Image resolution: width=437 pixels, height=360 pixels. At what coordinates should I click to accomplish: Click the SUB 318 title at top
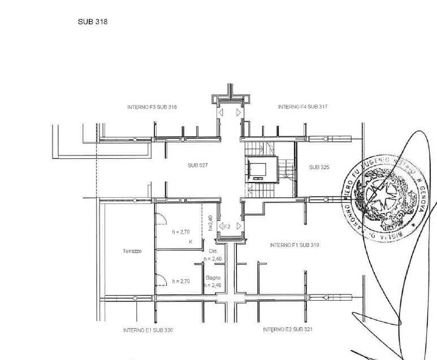pyautogui.click(x=93, y=22)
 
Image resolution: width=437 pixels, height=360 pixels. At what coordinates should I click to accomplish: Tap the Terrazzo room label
pyautogui.click(x=131, y=251)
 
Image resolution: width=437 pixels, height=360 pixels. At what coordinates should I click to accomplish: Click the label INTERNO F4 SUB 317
pyautogui.click(x=303, y=106)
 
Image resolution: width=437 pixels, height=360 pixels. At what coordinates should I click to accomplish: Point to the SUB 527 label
pyautogui.click(x=198, y=166)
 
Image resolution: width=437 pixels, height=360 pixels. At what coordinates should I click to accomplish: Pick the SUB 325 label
pyautogui.click(x=319, y=167)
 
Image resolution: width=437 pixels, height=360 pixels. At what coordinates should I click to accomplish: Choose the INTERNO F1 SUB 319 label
pyautogui.click(x=295, y=245)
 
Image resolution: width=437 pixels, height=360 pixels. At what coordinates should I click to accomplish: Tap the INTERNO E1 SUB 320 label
pyautogui.click(x=148, y=330)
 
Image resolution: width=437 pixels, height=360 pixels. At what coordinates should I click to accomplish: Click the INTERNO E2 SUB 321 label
pyautogui.click(x=288, y=329)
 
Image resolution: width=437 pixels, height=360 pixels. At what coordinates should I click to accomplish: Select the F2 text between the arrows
pyautogui.click(x=227, y=227)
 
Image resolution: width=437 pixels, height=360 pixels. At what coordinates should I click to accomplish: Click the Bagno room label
pyautogui.click(x=213, y=278)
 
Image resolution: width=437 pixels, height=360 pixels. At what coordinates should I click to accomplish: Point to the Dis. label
pyautogui.click(x=213, y=251)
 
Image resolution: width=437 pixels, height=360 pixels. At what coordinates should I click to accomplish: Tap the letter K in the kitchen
pyautogui.click(x=191, y=242)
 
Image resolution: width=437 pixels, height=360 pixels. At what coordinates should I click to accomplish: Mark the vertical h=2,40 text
pyautogui.click(x=210, y=223)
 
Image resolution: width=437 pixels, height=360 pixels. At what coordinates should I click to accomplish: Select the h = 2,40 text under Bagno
pyautogui.click(x=214, y=285)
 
